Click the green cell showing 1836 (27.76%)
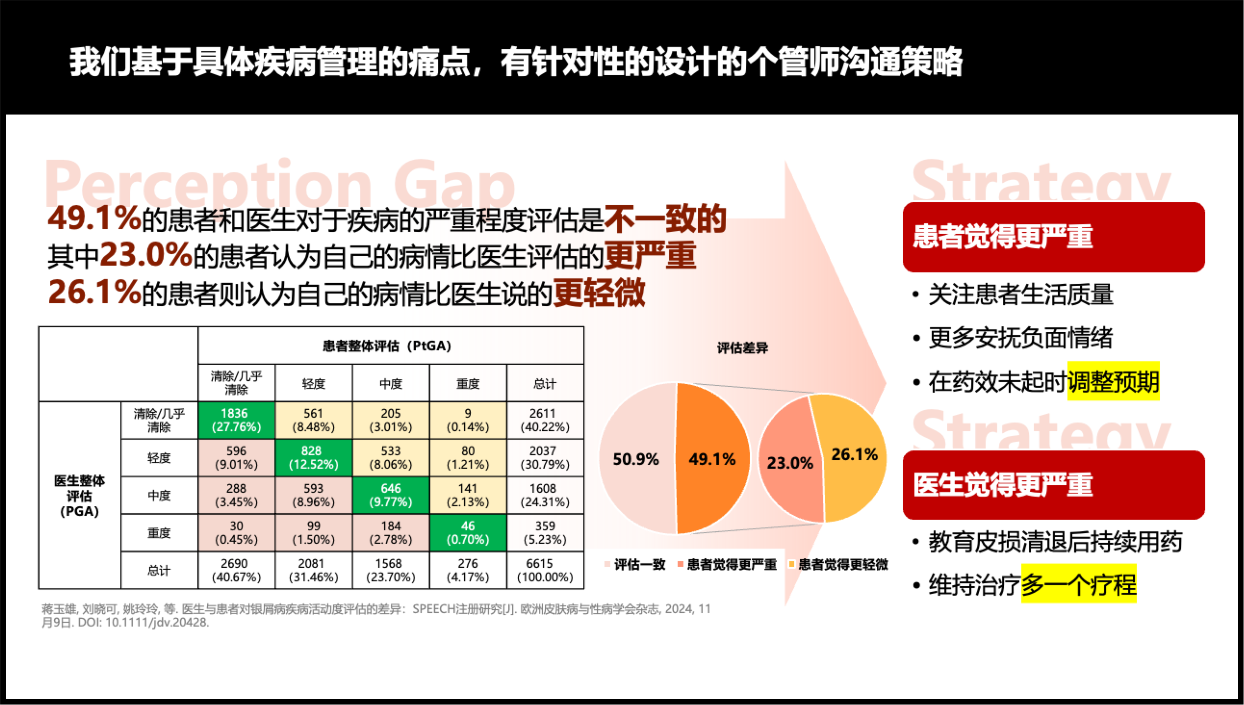pos(236,420)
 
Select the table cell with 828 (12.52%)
pos(313,458)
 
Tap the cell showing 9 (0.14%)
pos(468,420)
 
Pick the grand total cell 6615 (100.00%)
pos(545,570)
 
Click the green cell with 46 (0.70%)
pos(468,533)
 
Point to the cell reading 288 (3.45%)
pos(236,495)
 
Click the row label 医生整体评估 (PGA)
pos(79,496)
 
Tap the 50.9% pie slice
pos(636,459)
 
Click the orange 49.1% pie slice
pos(712,459)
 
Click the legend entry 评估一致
pos(639,564)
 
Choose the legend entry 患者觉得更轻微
pos(842,564)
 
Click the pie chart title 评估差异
pos(742,348)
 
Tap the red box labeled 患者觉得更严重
pos(1053,237)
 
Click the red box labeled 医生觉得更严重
pos(1053,485)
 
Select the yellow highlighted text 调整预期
pos(1113,382)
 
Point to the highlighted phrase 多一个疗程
pos(1078,584)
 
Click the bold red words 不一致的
pos(665,219)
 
